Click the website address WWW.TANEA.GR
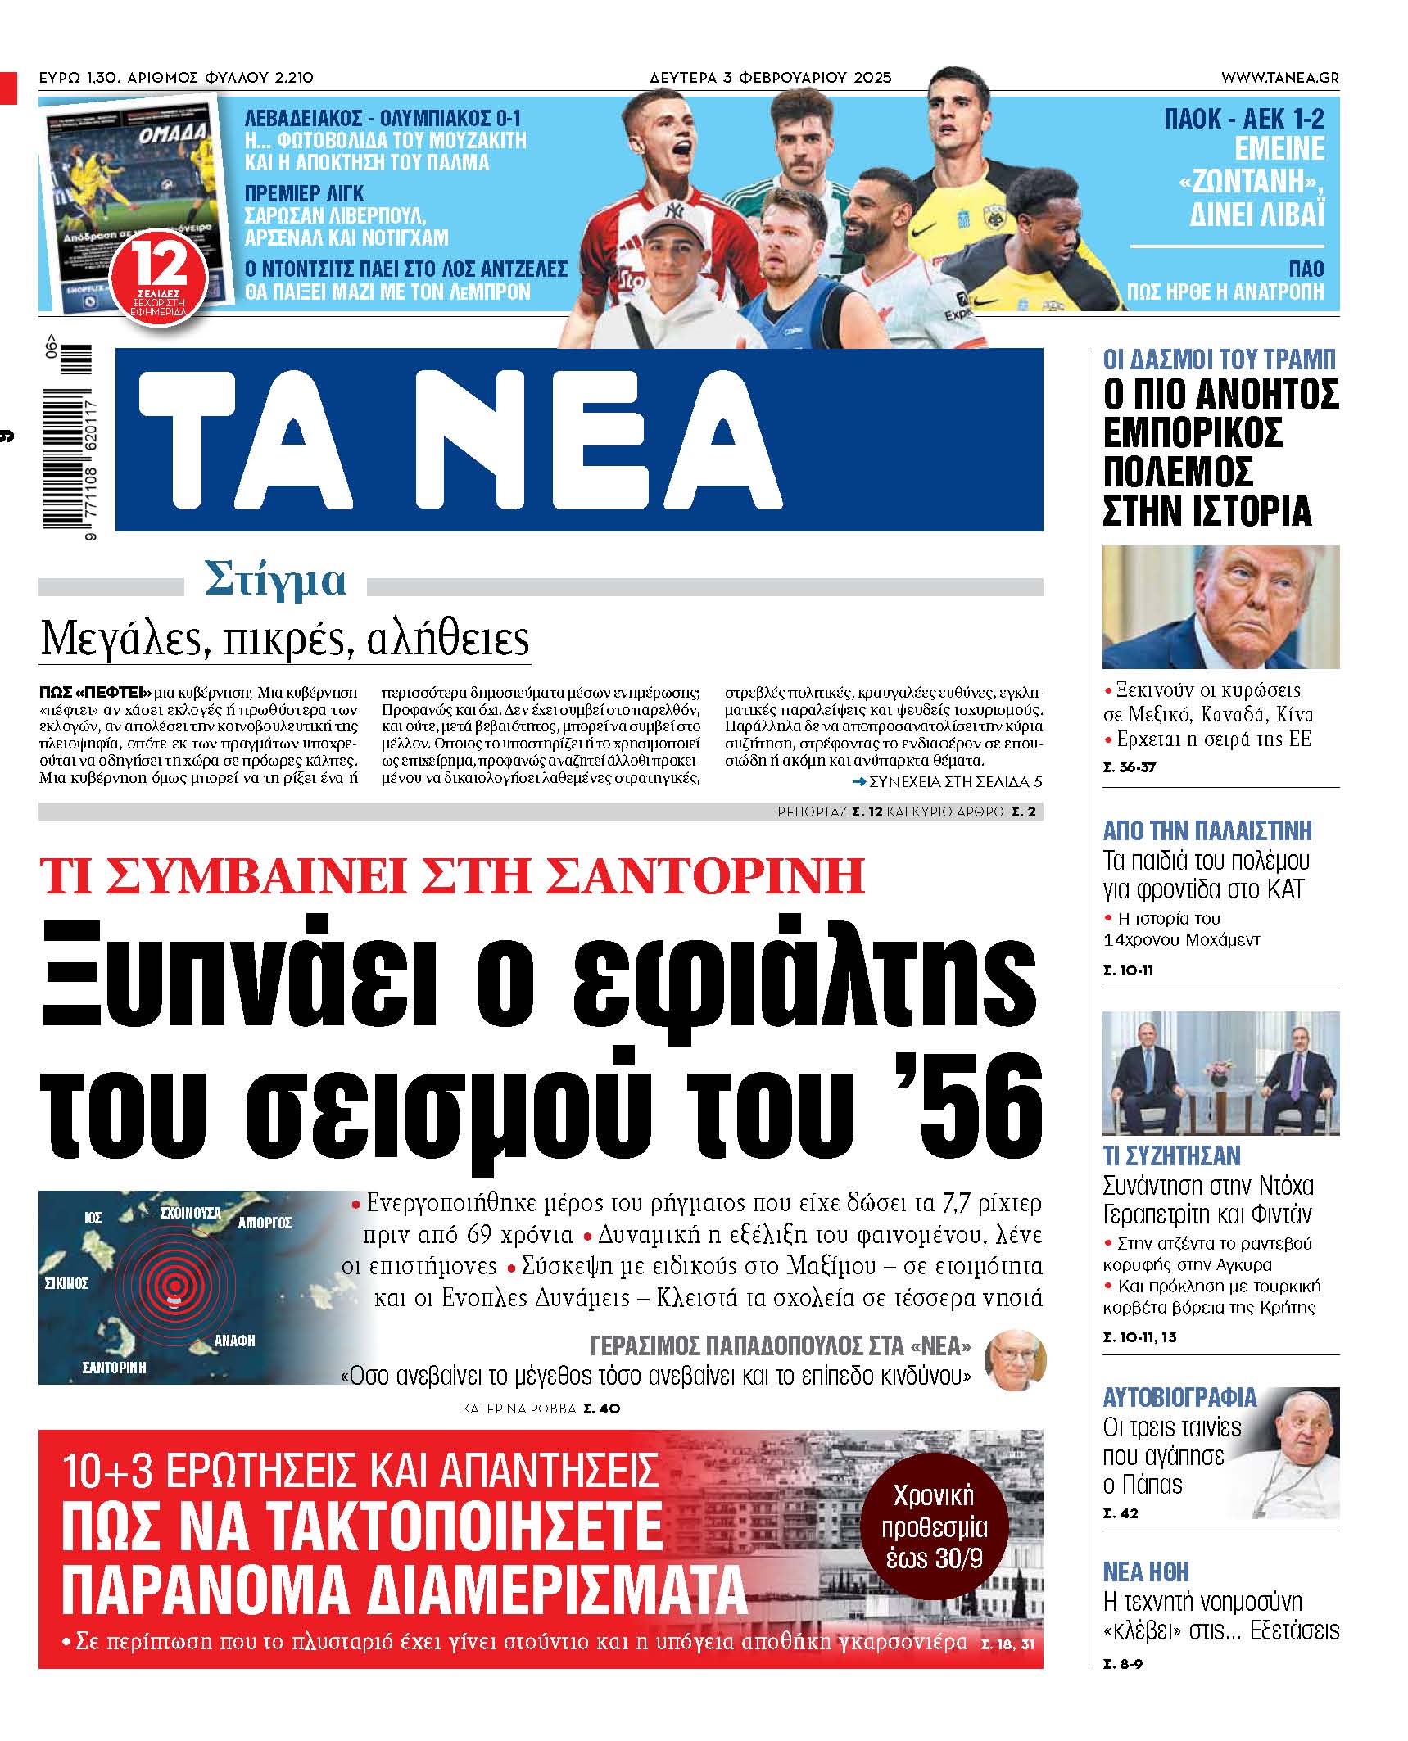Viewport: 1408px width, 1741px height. coord(1279,78)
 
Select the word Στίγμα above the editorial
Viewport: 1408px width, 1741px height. coord(275,581)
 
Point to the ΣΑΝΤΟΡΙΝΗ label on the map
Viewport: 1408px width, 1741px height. coord(115,1367)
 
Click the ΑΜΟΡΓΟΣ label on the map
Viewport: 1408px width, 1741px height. coord(265,1223)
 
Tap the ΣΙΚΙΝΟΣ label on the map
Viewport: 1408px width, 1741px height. coord(66,1283)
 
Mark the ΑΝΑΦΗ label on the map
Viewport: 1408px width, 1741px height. coord(234,1341)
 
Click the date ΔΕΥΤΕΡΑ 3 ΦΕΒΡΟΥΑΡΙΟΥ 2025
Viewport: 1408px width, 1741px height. coord(770,78)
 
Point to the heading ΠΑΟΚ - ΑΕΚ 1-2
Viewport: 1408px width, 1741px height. coord(1243,120)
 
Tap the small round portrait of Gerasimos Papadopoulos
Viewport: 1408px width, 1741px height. coord(1015,1360)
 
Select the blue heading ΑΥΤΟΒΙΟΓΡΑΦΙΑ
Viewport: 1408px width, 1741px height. coord(1179,1398)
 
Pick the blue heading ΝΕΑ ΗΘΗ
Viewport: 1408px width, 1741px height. coord(1146,1571)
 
